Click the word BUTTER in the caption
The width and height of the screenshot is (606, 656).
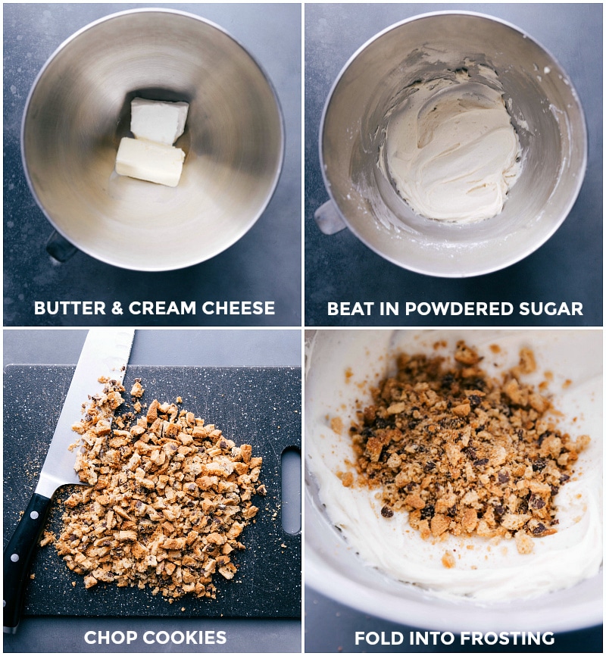pos(70,308)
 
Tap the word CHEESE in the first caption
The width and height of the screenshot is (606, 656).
pos(239,308)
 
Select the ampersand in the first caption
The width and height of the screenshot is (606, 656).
pos(117,308)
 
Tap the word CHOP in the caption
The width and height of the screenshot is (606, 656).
pos(107,638)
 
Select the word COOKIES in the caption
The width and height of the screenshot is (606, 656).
pos(180,638)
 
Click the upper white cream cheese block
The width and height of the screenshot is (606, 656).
pos(159,120)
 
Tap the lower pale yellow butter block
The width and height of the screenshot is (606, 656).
pos(150,161)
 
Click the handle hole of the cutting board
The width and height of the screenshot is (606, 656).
pos(292,490)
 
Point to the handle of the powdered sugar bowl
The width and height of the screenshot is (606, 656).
pos(330,217)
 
